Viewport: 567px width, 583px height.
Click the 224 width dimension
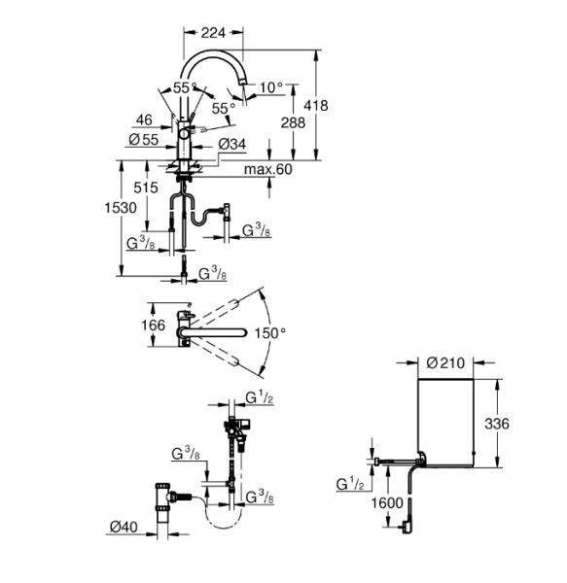(x=213, y=33)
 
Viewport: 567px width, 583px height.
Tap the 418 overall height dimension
(x=316, y=106)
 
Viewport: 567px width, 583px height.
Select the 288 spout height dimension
(x=293, y=122)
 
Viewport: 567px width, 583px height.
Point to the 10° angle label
(x=271, y=88)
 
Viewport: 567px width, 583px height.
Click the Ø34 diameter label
(x=231, y=144)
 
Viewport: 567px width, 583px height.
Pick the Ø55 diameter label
(x=144, y=140)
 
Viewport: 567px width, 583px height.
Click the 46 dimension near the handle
(x=144, y=120)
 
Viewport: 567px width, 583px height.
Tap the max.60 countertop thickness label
(x=267, y=169)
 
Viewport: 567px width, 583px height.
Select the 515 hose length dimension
(x=146, y=188)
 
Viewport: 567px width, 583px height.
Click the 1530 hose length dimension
(x=121, y=208)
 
